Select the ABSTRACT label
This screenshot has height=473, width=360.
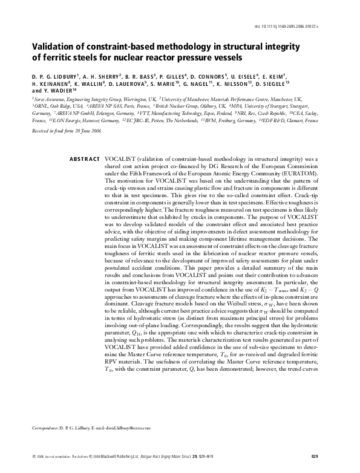coord(85,158)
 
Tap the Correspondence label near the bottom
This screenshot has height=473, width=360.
coord(44,428)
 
